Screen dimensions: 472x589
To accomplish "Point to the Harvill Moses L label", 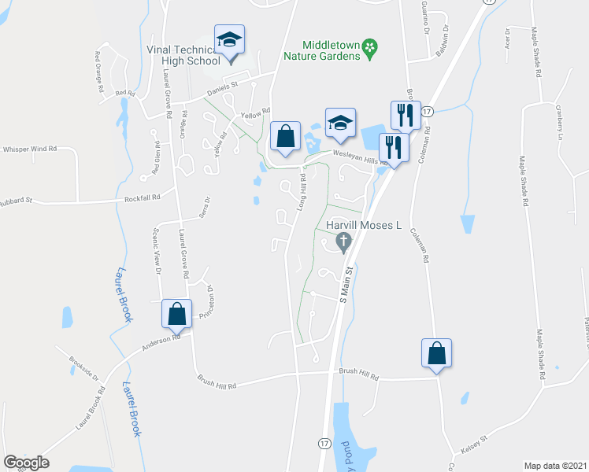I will pos(364,226).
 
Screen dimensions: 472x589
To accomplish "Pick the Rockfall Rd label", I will pos(143,197).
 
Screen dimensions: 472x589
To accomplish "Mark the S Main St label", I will pos(345,285).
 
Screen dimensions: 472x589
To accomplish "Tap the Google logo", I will pos(27,463).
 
